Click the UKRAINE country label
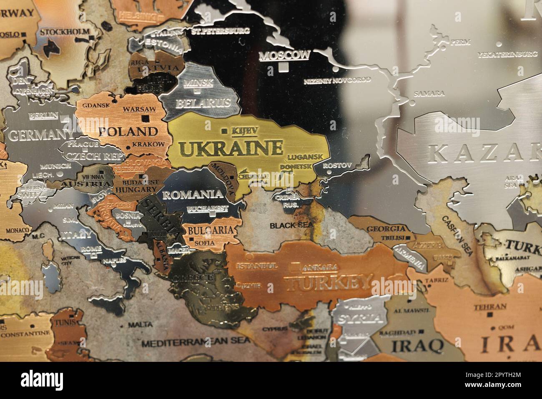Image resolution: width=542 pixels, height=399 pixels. pyautogui.click(x=231, y=148)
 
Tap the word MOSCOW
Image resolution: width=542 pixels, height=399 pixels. pyautogui.click(x=285, y=55)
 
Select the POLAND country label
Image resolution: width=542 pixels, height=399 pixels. pyautogui.click(x=129, y=131)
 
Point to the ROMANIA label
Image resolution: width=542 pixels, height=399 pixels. pyautogui.click(x=193, y=194)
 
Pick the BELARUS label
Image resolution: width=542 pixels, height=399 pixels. pyautogui.click(x=203, y=103)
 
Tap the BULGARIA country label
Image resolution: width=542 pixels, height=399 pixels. pyautogui.click(x=211, y=230)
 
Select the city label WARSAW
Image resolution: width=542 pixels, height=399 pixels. pyautogui.click(x=139, y=109)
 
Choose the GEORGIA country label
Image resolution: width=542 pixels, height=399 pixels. pyautogui.click(x=386, y=229)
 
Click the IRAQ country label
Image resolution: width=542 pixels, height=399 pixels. pyautogui.click(x=417, y=345)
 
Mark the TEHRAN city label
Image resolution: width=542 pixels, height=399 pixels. pyautogui.click(x=490, y=307)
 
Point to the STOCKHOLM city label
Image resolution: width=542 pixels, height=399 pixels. pyautogui.click(x=65, y=32)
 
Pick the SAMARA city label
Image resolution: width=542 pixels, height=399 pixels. pyautogui.click(x=429, y=93)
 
